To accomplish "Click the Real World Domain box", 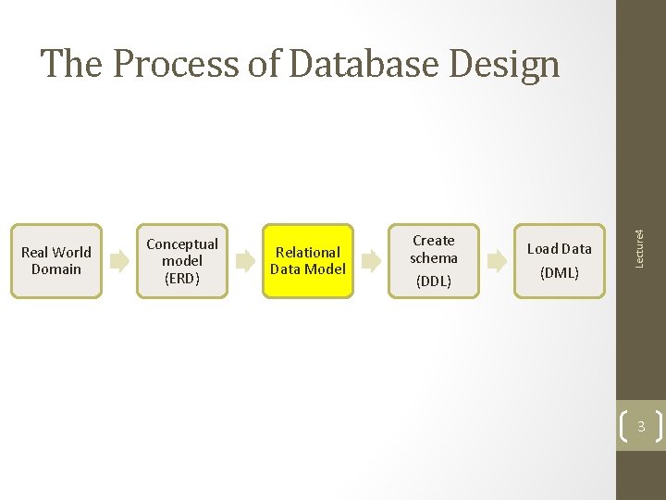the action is pyautogui.click(x=55, y=260).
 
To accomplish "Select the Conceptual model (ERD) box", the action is pyautogui.click(x=182, y=260).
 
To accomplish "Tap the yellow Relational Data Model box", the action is pyautogui.click(x=308, y=260).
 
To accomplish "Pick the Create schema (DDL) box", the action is pyautogui.click(x=434, y=260).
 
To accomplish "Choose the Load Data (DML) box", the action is pyautogui.click(x=560, y=260).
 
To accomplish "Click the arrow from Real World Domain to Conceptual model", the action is pyautogui.click(x=119, y=261).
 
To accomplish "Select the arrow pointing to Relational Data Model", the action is pyautogui.click(x=245, y=261).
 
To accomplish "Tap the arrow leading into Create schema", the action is pyautogui.click(x=371, y=261).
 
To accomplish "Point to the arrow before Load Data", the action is pyautogui.click(x=497, y=261).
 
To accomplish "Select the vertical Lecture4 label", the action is pyautogui.click(x=639, y=236).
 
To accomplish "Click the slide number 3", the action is pyautogui.click(x=640, y=427).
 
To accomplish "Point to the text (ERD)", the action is pyautogui.click(x=182, y=278).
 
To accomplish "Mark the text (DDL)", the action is pyautogui.click(x=434, y=281).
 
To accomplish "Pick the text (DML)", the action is pyautogui.click(x=560, y=272).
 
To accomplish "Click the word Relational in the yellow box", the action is pyautogui.click(x=308, y=252).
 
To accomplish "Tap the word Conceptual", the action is pyautogui.click(x=182, y=244).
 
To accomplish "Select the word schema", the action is pyautogui.click(x=434, y=258).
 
